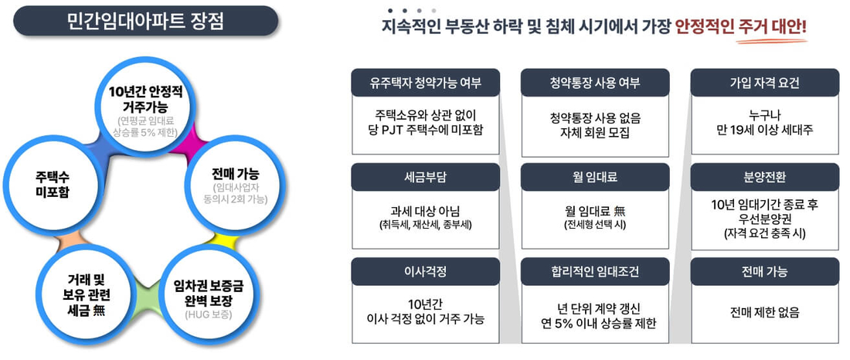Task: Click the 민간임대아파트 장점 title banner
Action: [145, 21]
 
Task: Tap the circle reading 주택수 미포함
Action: [52, 185]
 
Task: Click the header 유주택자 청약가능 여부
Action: [426, 83]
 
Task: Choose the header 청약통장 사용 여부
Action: [595, 83]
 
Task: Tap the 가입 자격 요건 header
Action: [764, 83]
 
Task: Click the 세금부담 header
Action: [426, 177]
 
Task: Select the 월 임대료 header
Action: [595, 177]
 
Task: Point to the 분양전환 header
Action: [764, 177]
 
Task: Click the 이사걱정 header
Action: [426, 272]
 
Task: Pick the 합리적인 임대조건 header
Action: [595, 272]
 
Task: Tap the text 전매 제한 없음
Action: [764, 313]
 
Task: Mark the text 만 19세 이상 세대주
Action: [764, 131]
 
